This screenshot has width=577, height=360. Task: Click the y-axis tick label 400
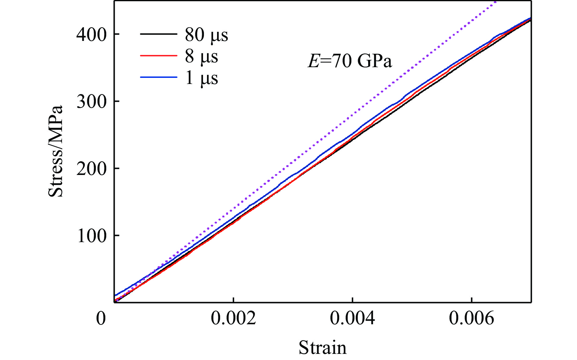91,34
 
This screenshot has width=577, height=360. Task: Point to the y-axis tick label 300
91,101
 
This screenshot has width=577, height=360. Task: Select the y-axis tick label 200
91,169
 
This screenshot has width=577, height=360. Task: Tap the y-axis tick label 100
91,236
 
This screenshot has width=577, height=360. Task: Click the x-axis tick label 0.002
234,318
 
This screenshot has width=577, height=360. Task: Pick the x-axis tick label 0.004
353,318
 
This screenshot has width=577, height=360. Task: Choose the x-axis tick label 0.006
471,318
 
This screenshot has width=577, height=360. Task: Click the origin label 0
101,318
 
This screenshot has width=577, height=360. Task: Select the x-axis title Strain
322,348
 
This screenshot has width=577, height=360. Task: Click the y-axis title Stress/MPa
56,151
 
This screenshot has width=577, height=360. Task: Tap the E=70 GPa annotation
350,61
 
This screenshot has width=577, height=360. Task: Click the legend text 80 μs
206,35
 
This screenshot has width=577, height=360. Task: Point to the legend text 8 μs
201,56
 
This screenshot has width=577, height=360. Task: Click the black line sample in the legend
158,34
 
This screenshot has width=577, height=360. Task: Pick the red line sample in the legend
158,56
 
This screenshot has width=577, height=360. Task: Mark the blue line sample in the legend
158,77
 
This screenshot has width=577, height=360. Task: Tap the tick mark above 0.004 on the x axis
353,300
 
